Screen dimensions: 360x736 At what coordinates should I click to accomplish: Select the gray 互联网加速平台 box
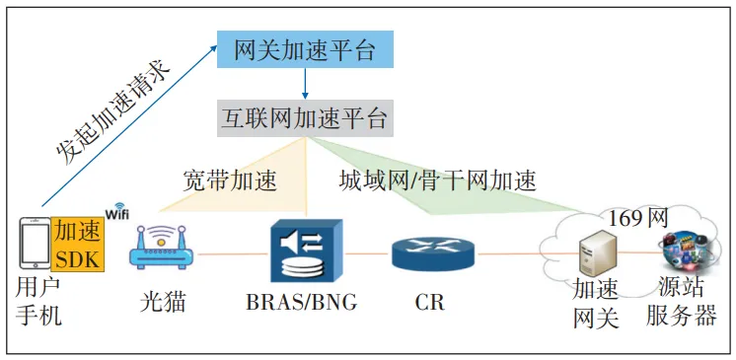tap(305, 119)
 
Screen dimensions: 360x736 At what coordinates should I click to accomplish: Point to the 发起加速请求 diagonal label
tap(113, 108)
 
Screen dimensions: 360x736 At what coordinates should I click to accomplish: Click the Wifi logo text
tap(117, 213)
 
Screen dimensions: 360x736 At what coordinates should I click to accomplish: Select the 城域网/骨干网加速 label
tap(439, 180)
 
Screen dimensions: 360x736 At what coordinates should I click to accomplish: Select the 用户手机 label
tap(39, 302)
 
